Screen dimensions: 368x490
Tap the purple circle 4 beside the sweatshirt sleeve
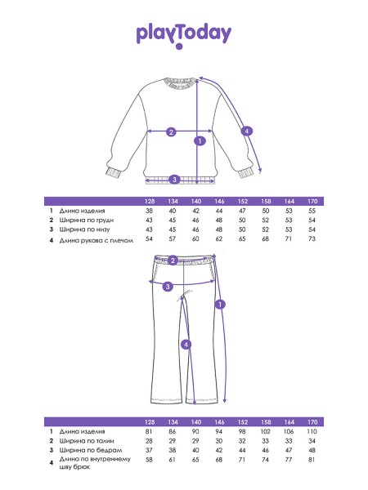247,131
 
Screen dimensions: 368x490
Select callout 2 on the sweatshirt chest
171,132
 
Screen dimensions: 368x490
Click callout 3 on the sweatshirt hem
175,180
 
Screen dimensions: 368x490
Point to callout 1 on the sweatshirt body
200,141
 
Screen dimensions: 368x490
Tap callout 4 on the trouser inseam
186,345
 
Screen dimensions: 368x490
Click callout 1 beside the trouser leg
220,304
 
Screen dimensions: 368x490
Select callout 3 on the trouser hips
168,287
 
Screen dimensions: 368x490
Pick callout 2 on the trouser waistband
173,261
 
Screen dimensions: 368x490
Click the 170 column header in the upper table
312,201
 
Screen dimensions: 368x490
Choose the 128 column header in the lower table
150,422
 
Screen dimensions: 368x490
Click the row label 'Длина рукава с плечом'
96,240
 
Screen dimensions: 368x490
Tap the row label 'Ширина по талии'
87,441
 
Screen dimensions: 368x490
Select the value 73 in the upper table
312,238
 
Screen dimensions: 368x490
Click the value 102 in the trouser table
265,431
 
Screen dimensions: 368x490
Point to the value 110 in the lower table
312,431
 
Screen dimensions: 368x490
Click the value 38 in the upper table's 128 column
149,211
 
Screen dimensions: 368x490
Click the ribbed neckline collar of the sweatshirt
182,82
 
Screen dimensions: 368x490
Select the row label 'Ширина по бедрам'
91,450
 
